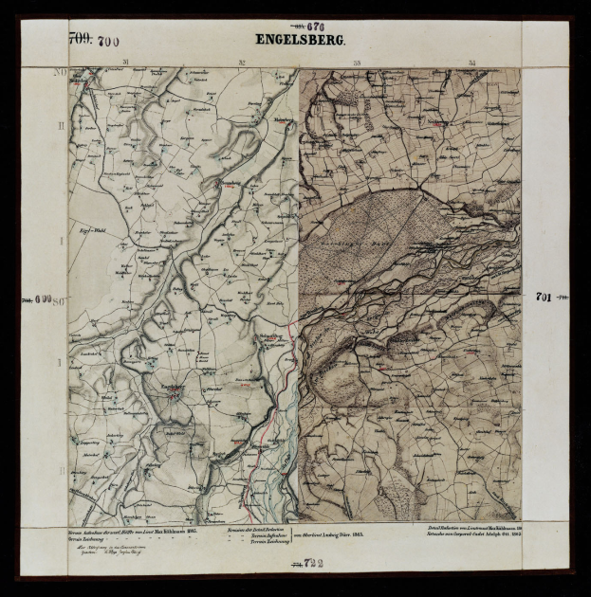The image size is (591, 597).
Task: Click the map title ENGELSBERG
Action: (x=299, y=41)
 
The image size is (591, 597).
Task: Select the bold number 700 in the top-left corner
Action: (x=107, y=41)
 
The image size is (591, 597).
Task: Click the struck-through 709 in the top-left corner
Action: (x=80, y=40)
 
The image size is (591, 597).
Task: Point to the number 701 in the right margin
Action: (x=544, y=297)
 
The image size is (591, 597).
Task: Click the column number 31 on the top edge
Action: (x=125, y=63)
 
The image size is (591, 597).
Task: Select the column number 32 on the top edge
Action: (x=242, y=63)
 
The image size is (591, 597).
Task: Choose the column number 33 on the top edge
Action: (x=357, y=63)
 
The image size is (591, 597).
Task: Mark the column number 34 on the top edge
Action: (x=471, y=63)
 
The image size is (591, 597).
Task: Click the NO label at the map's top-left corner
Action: (x=59, y=72)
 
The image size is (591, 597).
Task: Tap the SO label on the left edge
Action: (x=59, y=300)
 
